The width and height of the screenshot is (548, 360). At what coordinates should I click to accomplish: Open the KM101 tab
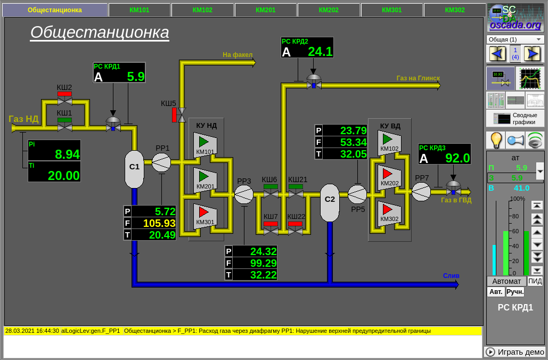(x=139, y=10)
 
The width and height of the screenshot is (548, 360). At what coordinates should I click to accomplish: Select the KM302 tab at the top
(x=455, y=10)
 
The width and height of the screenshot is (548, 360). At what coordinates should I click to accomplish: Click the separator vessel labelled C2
(x=330, y=202)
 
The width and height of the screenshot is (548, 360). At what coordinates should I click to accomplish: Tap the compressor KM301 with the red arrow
(x=205, y=216)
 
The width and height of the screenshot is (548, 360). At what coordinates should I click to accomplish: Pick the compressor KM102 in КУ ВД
(x=389, y=143)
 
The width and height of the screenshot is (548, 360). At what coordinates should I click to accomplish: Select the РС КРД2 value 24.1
(x=320, y=52)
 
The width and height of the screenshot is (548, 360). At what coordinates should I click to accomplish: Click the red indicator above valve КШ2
(x=64, y=94)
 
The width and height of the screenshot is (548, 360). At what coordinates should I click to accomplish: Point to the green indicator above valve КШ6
(x=271, y=186)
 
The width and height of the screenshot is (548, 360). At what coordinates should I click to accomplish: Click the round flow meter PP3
(x=244, y=194)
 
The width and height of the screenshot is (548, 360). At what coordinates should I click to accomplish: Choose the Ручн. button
(x=515, y=292)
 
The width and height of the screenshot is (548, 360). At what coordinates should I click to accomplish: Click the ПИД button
(x=535, y=281)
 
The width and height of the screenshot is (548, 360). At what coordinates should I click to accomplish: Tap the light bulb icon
(x=496, y=140)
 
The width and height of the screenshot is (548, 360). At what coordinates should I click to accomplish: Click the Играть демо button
(x=514, y=352)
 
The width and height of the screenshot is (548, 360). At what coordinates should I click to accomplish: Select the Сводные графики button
(x=515, y=118)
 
